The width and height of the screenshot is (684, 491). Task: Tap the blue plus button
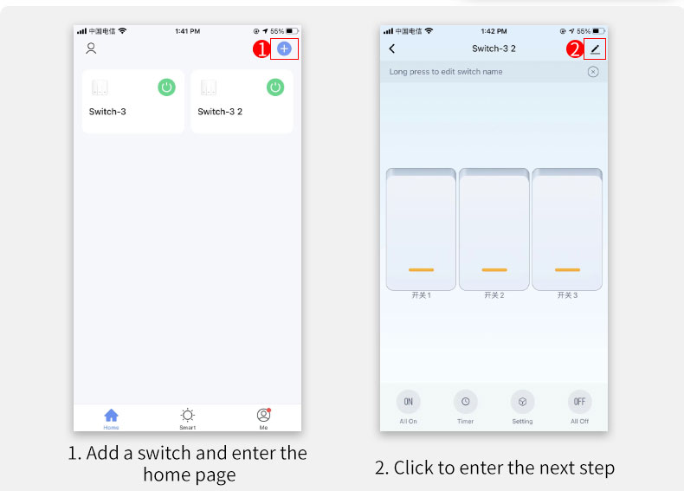click(x=284, y=48)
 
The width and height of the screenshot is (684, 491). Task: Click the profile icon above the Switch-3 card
click(x=91, y=48)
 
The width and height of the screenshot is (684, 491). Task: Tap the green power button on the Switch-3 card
click(x=166, y=87)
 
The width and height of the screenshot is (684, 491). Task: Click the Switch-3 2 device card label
click(x=220, y=112)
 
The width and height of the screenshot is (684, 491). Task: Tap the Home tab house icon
click(x=111, y=415)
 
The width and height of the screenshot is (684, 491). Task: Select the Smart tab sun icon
click(x=188, y=415)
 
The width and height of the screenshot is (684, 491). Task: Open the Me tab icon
click(x=263, y=415)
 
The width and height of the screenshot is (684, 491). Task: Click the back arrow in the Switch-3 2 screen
click(x=392, y=48)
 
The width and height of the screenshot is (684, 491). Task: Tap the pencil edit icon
click(x=595, y=49)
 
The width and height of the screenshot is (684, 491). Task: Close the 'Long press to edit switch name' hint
click(x=593, y=72)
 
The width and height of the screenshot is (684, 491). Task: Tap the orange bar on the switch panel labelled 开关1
click(x=421, y=269)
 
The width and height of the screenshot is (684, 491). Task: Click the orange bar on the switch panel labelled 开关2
click(x=494, y=269)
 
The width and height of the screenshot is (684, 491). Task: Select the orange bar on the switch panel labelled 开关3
click(x=567, y=269)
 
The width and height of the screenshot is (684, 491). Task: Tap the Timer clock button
click(x=466, y=402)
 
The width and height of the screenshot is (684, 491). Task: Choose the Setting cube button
click(x=522, y=402)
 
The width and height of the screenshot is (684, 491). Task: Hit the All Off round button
click(x=580, y=402)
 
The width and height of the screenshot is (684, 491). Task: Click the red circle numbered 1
click(x=261, y=48)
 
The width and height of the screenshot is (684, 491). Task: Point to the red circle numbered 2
click(x=575, y=48)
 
